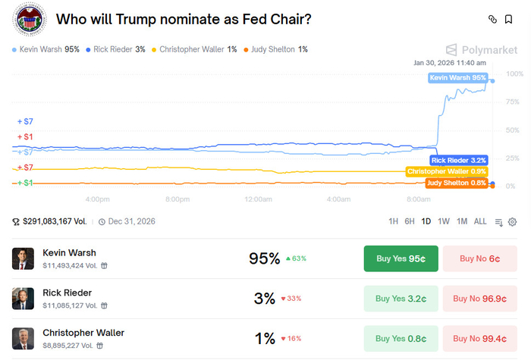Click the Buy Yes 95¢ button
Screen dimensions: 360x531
point(400,258)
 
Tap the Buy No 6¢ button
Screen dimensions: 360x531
point(479,258)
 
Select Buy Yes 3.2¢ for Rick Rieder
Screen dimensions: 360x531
point(400,298)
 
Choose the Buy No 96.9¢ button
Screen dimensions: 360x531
point(479,298)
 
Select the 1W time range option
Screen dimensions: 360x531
point(443,221)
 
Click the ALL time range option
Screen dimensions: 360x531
point(480,221)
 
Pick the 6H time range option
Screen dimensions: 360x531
point(410,221)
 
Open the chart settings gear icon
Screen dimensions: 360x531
point(512,222)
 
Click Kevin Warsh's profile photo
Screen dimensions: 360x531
point(23,258)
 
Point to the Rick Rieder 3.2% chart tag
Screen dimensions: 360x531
point(457,160)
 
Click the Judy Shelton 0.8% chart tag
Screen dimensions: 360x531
point(457,183)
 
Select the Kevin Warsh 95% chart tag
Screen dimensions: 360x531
point(458,78)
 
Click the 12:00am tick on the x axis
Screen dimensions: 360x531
point(258,199)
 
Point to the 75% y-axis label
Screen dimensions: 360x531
point(513,102)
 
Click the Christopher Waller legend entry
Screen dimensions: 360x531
point(194,49)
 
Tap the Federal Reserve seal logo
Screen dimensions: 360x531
point(30,20)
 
